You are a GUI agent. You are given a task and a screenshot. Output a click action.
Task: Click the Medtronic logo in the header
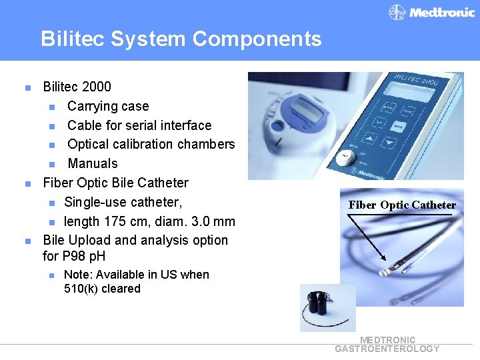[x=432, y=12]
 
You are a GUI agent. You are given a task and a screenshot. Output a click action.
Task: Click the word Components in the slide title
[x=257, y=39]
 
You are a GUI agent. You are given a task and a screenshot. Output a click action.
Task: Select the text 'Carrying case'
[x=108, y=106]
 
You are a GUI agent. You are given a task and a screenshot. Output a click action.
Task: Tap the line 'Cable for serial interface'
[x=139, y=125]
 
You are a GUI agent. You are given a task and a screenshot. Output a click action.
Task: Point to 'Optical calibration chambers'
[x=151, y=144]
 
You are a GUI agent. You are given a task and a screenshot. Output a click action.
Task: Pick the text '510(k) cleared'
[x=102, y=289]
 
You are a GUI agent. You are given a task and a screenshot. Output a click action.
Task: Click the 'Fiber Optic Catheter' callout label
[x=402, y=205]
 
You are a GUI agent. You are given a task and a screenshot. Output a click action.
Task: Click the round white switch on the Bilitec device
[x=344, y=158]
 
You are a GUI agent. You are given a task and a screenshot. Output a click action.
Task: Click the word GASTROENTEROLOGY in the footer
[x=387, y=349]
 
